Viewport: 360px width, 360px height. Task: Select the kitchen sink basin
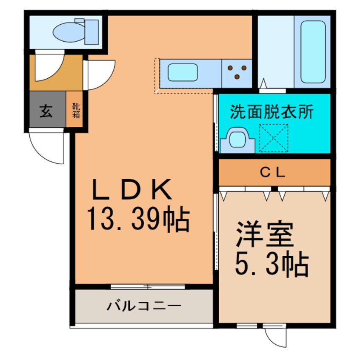click(183, 72)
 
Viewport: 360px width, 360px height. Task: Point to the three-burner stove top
click(237, 71)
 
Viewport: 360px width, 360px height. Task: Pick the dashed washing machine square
click(274, 138)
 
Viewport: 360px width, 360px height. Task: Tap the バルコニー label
click(144, 306)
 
